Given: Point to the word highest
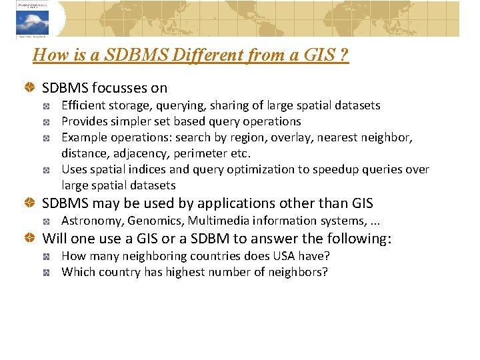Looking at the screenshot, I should [x=185, y=272].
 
